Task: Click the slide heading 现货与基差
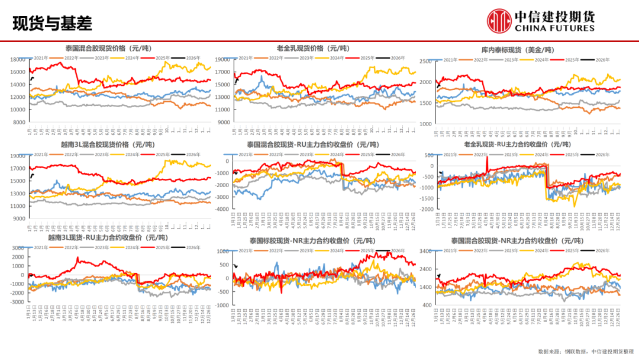click(52, 24)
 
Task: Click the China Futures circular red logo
click(499, 21)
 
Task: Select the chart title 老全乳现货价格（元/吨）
click(313, 48)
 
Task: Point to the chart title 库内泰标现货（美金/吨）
click(521, 50)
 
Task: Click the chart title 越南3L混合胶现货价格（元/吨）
click(107, 144)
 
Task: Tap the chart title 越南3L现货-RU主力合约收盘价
click(109, 238)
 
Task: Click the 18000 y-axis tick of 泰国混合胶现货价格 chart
click(19, 60)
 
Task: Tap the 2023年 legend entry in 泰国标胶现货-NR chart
click(306, 250)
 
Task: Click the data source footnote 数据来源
click(586, 352)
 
